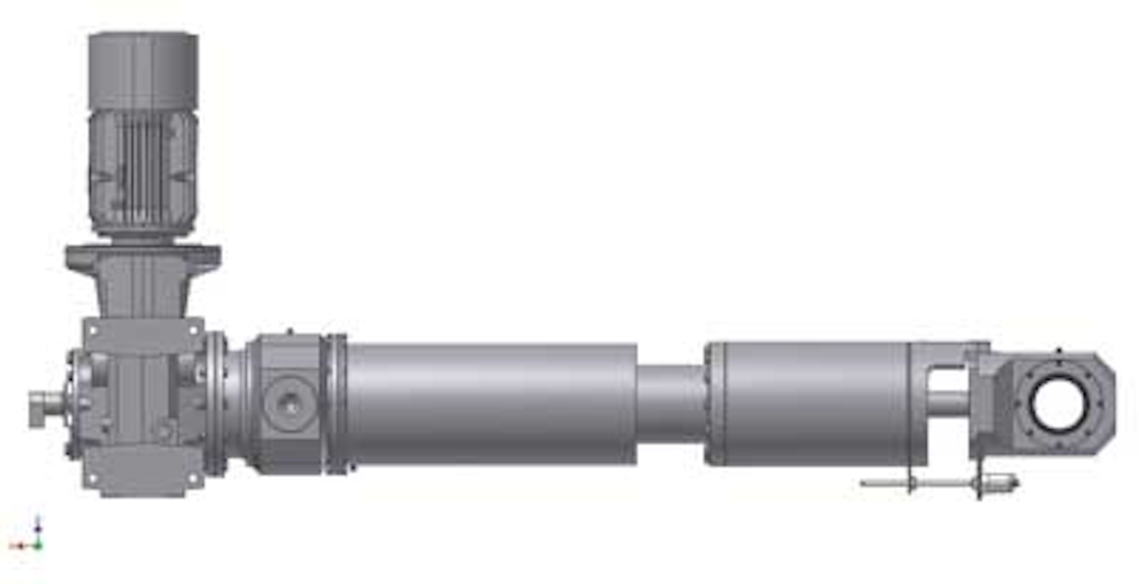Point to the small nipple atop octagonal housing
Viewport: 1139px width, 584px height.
click(x=289, y=332)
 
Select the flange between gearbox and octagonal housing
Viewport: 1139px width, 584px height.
click(x=215, y=404)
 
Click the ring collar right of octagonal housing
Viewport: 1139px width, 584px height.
click(x=337, y=404)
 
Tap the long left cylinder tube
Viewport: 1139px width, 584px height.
click(x=490, y=404)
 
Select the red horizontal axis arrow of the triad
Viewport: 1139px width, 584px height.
click(x=19, y=545)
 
